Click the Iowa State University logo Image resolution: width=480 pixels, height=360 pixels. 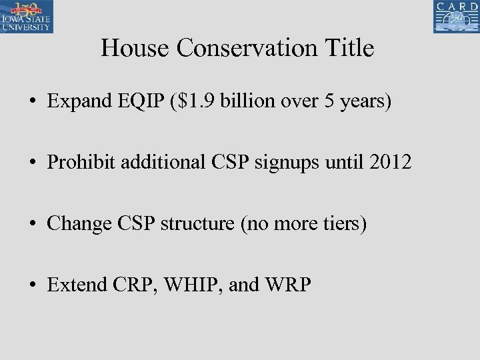tap(27, 17)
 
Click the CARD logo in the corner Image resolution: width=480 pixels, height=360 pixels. tap(457, 17)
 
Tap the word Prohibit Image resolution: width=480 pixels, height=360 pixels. tap(75, 162)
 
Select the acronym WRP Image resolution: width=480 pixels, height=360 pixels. tap(287, 285)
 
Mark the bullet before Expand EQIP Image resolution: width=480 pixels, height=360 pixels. tap(32, 102)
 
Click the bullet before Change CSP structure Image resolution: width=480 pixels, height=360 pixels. tap(32, 224)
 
